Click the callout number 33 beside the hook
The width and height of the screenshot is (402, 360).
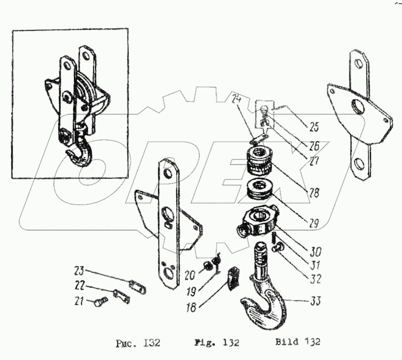pos(315,301)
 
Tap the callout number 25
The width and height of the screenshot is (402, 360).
pos(313,127)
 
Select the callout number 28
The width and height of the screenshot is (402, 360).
pos(314,193)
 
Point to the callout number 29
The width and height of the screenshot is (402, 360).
pos(313,224)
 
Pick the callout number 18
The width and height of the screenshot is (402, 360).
pos(191,308)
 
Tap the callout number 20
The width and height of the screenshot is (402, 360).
pos(190,276)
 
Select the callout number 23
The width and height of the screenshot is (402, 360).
pos(79,271)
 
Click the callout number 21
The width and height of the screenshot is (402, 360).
pos(79,301)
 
